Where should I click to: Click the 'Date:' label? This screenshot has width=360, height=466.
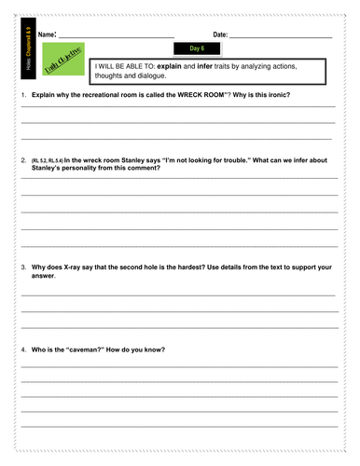coord(220,34)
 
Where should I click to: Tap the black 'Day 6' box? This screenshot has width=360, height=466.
coord(196,48)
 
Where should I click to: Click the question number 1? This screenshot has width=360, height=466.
coord(23,97)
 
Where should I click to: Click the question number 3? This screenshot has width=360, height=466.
coord(23,267)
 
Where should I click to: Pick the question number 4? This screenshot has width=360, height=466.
coord(23,349)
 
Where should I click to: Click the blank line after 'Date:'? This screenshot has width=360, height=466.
coord(280,36)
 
